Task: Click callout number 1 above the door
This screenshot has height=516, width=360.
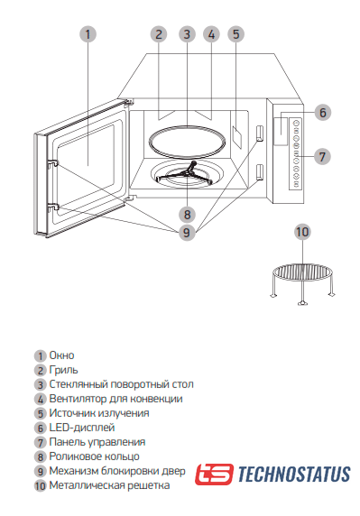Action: [x=88, y=34]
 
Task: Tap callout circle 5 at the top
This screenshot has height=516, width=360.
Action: [x=236, y=34]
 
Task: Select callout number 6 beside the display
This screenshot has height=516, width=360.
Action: [x=322, y=113]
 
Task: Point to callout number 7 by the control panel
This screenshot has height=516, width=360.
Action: [x=322, y=157]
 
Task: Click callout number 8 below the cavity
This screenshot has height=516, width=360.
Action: [x=187, y=215]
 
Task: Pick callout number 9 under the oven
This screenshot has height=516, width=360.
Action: [x=187, y=233]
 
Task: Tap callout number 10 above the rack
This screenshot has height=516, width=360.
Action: [x=302, y=232]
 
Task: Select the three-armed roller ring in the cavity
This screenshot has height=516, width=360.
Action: [x=187, y=173]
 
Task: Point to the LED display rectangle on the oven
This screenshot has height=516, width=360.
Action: [x=281, y=131]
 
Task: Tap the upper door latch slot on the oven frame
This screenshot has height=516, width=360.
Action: [x=260, y=134]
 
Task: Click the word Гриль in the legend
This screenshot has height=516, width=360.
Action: [x=63, y=370]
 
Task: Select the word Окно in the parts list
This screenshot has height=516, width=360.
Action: [x=61, y=355]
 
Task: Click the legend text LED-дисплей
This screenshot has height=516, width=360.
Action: [x=82, y=428]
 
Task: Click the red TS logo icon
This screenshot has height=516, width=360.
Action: [x=214, y=475]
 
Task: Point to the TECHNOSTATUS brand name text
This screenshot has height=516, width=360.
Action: [x=294, y=475]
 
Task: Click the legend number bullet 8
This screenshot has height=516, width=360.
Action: [x=40, y=456]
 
